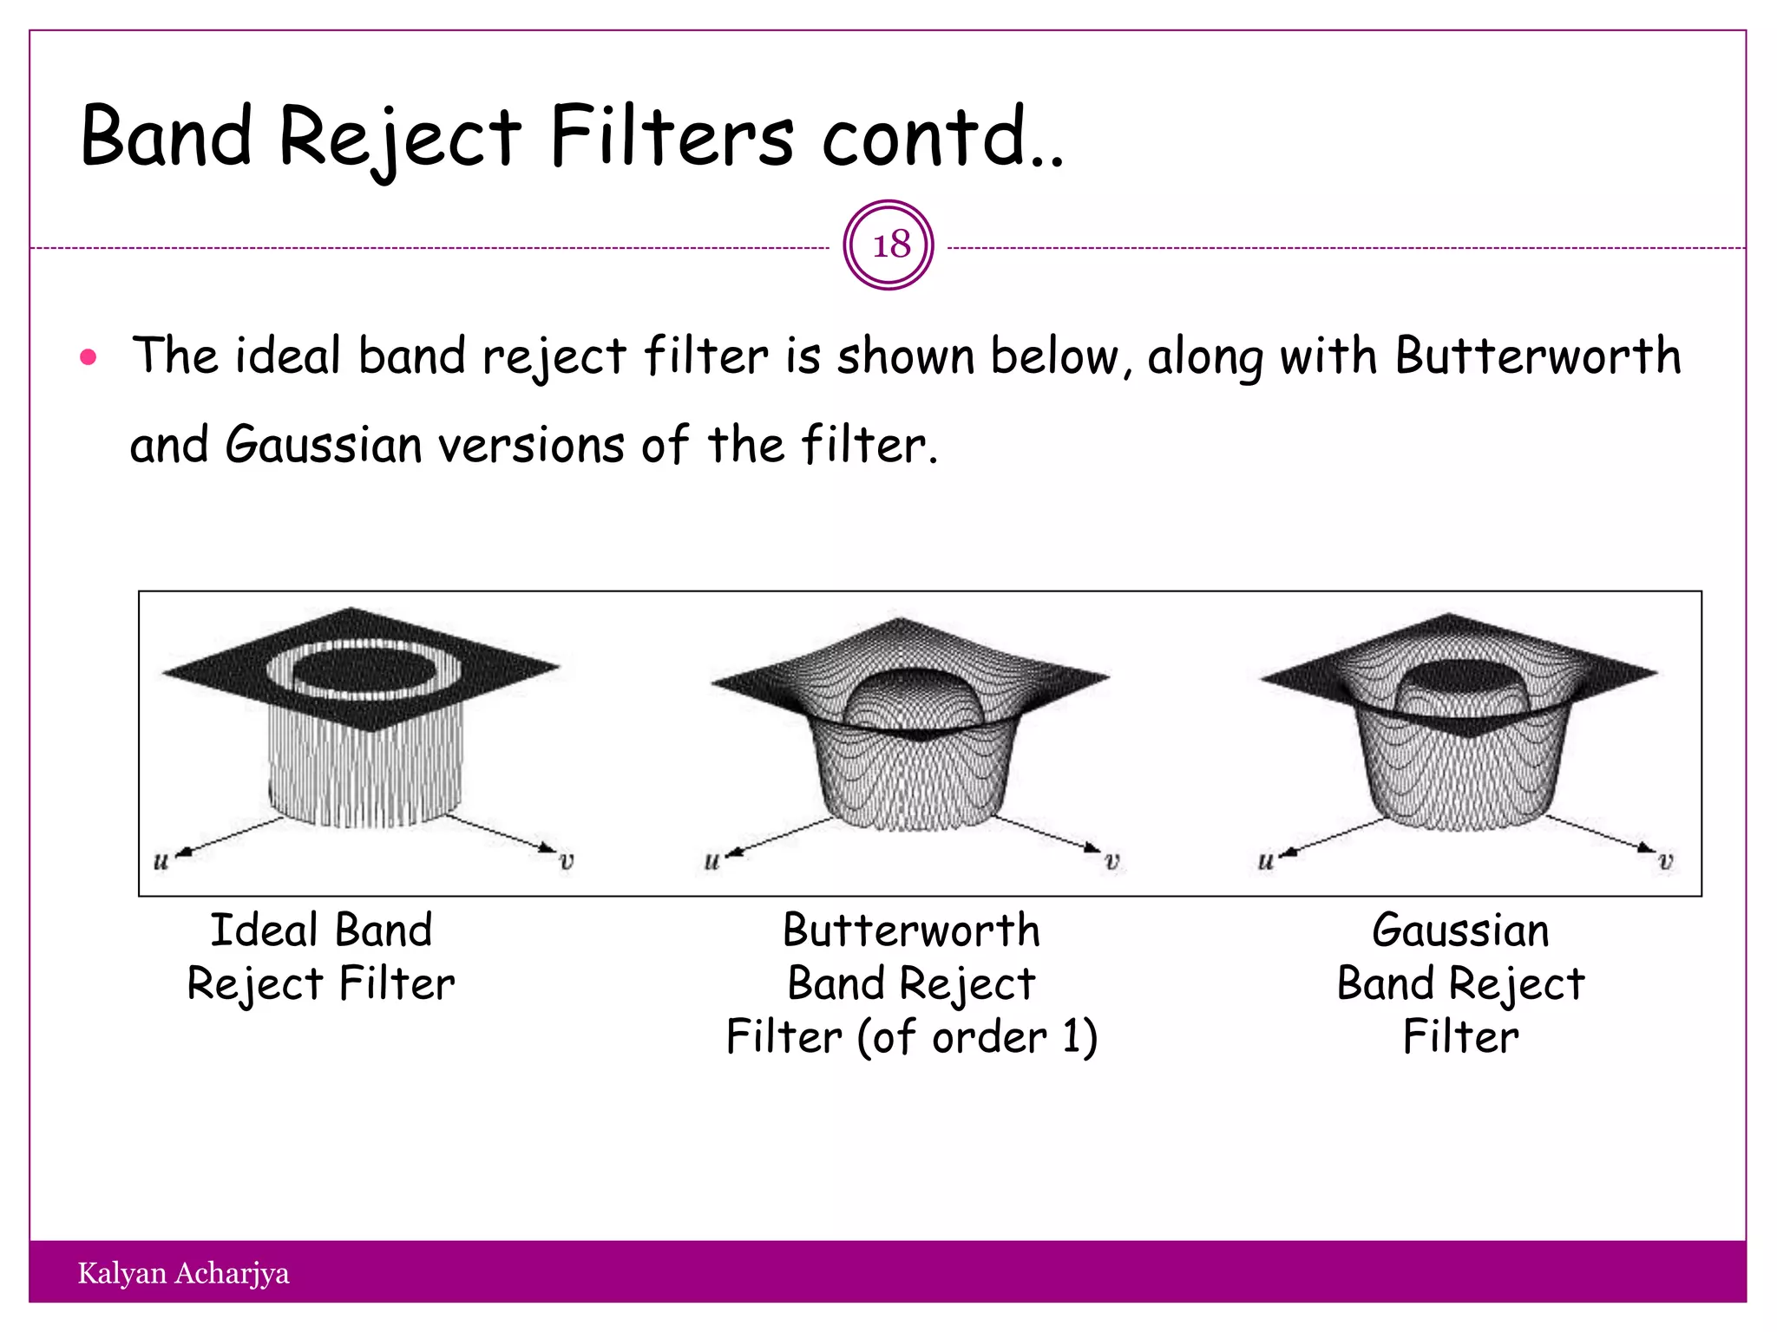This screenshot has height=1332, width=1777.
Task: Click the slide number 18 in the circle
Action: point(890,245)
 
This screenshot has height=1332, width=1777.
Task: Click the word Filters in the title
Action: point(671,137)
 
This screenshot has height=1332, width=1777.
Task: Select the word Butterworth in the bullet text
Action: point(1538,356)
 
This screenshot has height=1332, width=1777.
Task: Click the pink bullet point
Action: point(88,356)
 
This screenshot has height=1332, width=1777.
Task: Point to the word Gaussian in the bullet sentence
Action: point(323,445)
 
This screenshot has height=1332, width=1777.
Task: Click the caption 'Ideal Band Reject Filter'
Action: point(321,957)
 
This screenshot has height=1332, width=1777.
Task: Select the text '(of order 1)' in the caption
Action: point(978,1037)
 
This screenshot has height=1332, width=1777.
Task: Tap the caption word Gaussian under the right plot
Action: point(1460,930)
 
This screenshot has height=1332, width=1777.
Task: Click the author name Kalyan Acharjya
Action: point(183,1273)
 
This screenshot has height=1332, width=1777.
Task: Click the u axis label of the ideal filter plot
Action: point(161,862)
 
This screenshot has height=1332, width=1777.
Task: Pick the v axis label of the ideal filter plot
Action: point(567,862)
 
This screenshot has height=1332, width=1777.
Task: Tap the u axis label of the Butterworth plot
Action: point(711,862)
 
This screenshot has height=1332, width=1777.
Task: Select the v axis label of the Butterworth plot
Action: point(1112,862)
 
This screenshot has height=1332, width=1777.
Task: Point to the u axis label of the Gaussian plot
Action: point(1266,862)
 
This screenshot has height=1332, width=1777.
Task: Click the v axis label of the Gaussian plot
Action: point(1665,862)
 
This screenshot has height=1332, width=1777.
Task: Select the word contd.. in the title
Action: point(942,137)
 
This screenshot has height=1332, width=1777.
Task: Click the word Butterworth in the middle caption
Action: point(911,930)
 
